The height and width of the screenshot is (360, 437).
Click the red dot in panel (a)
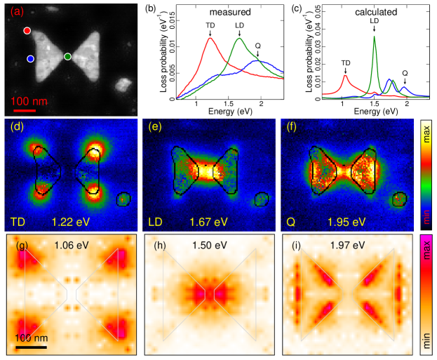pos(27,31)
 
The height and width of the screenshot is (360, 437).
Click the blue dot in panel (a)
pos(30,60)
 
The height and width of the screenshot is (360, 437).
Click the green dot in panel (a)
pos(67,56)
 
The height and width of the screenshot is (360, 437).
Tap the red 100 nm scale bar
pos(25,110)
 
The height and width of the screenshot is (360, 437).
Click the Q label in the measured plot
pos(258,46)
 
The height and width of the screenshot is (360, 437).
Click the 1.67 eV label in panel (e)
pos(208,222)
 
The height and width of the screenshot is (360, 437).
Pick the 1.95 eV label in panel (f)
pos(347,222)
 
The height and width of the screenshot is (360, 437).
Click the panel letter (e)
pos(151,127)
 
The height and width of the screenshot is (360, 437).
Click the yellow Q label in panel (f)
pos(290,222)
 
